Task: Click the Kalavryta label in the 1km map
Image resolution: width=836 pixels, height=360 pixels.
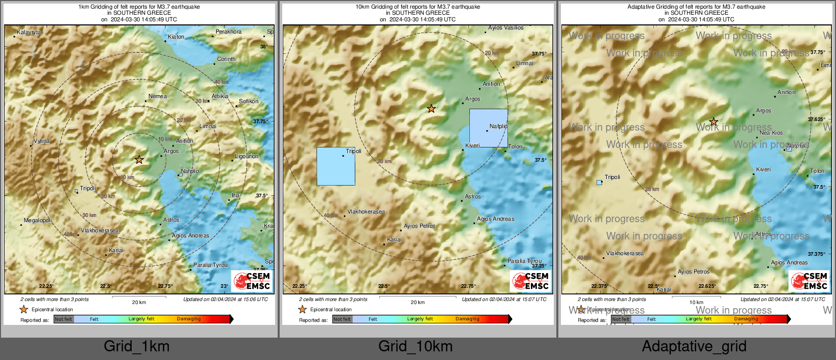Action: click(x=29, y=33)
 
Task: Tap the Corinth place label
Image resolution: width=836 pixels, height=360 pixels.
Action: click(x=226, y=59)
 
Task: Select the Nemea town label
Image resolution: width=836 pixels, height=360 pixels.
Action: click(x=157, y=96)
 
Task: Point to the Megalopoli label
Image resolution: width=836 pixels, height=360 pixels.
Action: click(x=38, y=221)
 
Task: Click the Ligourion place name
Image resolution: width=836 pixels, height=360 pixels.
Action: click(x=247, y=157)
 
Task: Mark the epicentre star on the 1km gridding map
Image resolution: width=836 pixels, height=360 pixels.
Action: click(x=139, y=160)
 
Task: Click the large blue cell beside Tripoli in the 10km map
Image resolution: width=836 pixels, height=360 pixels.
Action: click(x=336, y=166)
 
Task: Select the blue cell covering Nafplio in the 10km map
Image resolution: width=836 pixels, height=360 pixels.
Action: click(x=488, y=128)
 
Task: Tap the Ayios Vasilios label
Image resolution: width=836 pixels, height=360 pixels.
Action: click(x=505, y=28)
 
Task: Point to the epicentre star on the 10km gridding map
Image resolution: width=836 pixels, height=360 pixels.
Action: click(x=431, y=108)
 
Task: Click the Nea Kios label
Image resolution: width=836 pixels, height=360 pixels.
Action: click(x=771, y=133)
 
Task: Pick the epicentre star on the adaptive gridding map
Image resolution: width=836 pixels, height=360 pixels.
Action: click(x=713, y=122)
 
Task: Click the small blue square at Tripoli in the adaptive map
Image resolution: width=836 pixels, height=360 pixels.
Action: click(x=599, y=182)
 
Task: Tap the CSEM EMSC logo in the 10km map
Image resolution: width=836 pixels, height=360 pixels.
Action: click(x=530, y=281)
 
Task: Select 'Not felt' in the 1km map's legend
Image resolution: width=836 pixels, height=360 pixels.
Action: click(x=64, y=319)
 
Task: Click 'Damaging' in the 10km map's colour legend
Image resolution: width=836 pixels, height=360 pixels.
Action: click(x=467, y=319)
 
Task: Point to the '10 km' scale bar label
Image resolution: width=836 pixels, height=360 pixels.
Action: click(x=696, y=303)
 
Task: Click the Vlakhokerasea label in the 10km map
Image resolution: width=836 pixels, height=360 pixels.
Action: click(x=366, y=212)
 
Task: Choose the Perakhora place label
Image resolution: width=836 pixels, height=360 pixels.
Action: click(x=228, y=32)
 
